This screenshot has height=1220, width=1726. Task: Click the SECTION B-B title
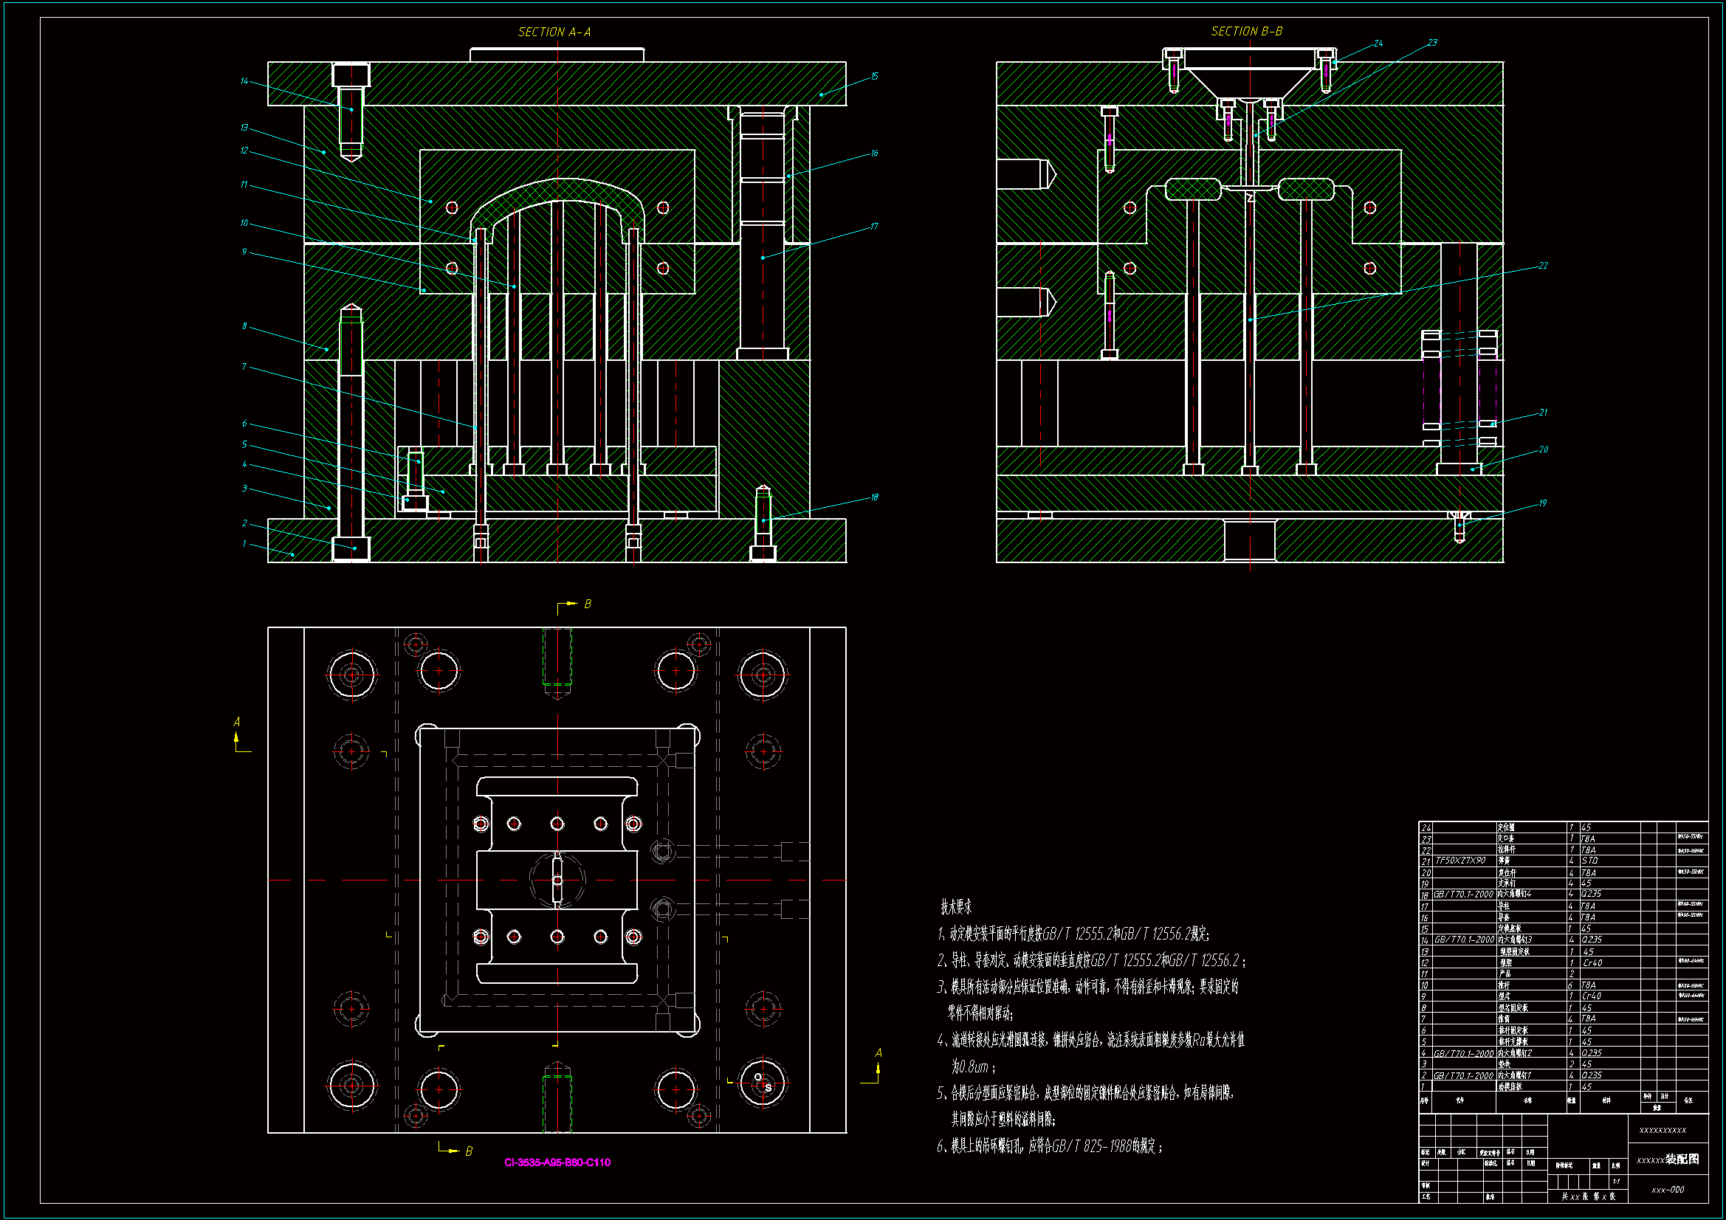pyautogui.click(x=1246, y=31)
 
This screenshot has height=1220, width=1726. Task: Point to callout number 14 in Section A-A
pyautogui.click(x=244, y=81)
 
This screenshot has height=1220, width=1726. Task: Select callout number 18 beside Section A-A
pyautogui.click(x=874, y=497)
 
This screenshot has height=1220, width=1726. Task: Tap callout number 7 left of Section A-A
pyautogui.click(x=244, y=367)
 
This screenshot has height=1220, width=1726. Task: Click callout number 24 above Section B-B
pyautogui.click(x=1378, y=44)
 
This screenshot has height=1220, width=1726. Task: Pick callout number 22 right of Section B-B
pyautogui.click(x=1543, y=266)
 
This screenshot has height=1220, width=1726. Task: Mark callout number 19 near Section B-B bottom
pyautogui.click(x=1543, y=503)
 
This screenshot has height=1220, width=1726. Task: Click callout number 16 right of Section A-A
pyautogui.click(x=874, y=154)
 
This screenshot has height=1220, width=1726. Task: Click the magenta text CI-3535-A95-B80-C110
pyautogui.click(x=557, y=1162)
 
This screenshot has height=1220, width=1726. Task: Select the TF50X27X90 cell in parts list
pyautogui.click(x=1461, y=861)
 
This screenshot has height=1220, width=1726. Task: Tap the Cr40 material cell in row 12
pyautogui.click(x=1592, y=963)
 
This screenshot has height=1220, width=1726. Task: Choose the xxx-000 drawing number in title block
pyautogui.click(x=1668, y=1190)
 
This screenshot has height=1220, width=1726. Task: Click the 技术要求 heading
pyautogui.click(x=956, y=907)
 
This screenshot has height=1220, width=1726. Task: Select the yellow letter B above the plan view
pyautogui.click(x=588, y=604)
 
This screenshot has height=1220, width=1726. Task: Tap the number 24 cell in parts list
pyautogui.click(x=1426, y=827)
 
